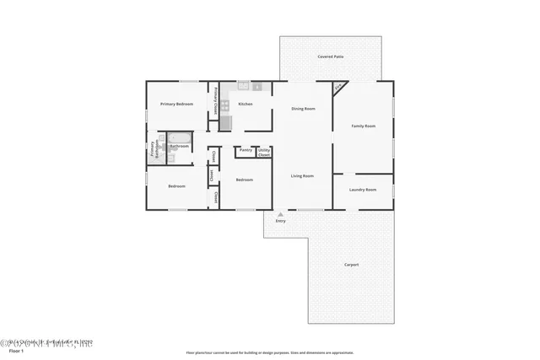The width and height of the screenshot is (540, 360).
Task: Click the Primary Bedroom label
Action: coord(177,104)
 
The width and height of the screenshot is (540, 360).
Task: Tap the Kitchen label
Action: coord(246,104)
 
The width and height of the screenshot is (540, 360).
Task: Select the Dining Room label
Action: coord(303,109)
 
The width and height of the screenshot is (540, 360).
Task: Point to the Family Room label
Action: coord(363,126)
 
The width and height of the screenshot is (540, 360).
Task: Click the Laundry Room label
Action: coord(363,190)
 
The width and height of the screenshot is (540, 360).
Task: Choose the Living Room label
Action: coord(302,175)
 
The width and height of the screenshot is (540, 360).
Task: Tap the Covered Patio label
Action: coord(330,56)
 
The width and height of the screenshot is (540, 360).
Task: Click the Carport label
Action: coord(351,265)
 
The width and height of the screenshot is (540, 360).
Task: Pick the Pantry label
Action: coord(246,151)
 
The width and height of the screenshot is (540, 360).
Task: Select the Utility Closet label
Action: coord(264,153)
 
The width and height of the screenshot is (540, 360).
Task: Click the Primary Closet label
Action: coord(215,101)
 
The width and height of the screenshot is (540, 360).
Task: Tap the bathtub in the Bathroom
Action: coord(179,137)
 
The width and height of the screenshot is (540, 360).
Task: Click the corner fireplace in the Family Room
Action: coord(338,87)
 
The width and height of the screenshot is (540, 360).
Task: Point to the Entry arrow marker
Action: coord(280,214)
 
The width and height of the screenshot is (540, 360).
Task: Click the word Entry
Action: coord(280,221)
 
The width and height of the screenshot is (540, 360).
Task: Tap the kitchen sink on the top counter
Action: coord(244,86)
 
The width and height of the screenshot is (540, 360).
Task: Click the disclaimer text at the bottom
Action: coord(269,353)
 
